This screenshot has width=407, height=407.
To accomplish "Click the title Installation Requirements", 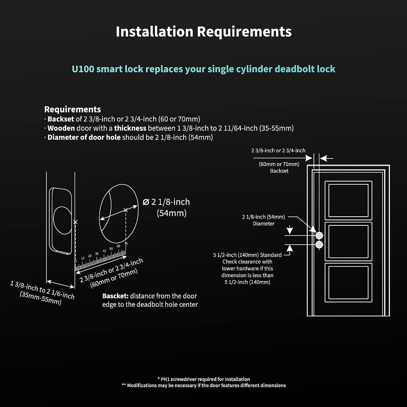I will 203,31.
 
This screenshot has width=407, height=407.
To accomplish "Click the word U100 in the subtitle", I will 83,69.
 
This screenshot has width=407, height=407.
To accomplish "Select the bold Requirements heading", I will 72,109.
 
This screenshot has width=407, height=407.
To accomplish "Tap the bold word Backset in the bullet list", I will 61,119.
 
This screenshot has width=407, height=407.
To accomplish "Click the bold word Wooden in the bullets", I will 61,128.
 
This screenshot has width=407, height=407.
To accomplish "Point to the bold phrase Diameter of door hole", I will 84,137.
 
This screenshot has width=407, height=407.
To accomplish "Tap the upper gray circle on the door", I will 319,235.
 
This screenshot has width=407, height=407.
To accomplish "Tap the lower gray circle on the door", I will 319,245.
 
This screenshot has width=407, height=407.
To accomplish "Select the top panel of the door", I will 348,200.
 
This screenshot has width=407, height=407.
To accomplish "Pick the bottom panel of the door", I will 348,282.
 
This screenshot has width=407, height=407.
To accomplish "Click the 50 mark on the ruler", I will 111,249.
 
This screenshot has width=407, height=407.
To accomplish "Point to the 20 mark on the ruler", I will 90,256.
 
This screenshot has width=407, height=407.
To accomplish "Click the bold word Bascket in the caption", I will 115,296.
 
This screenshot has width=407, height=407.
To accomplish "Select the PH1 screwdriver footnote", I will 203,379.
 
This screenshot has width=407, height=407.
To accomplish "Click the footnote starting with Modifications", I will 203,385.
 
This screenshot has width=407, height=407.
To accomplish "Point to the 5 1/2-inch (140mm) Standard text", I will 247,255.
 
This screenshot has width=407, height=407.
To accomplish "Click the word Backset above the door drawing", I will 279,171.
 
